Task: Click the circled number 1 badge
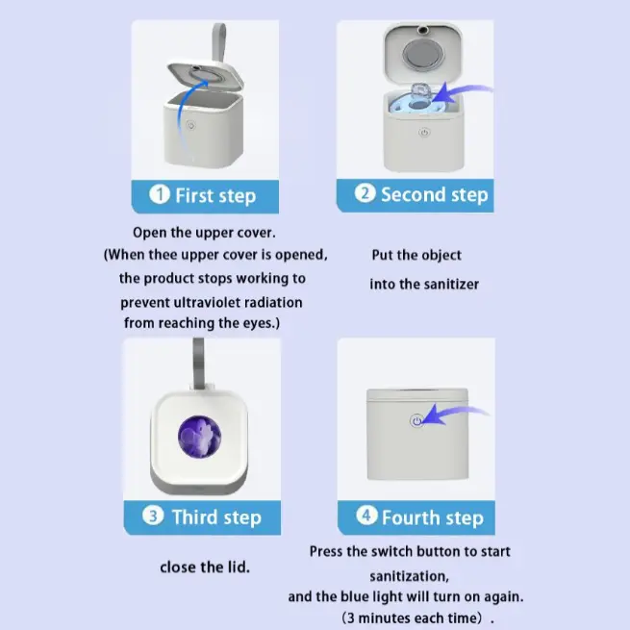[x=160, y=194]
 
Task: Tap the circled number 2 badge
[x=365, y=193]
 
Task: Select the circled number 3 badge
[x=153, y=516]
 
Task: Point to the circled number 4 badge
[x=366, y=516]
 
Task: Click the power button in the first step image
[x=190, y=125]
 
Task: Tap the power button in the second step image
[x=424, y=132]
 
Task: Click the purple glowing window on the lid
[x=199, y=437]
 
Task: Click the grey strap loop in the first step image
[x=219, y=43]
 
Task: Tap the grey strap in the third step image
[x=198, y=364]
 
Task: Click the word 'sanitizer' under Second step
[x=452, y=284]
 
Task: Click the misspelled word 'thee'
[x=163, y=255]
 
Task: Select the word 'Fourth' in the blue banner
[x=411, y=517]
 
